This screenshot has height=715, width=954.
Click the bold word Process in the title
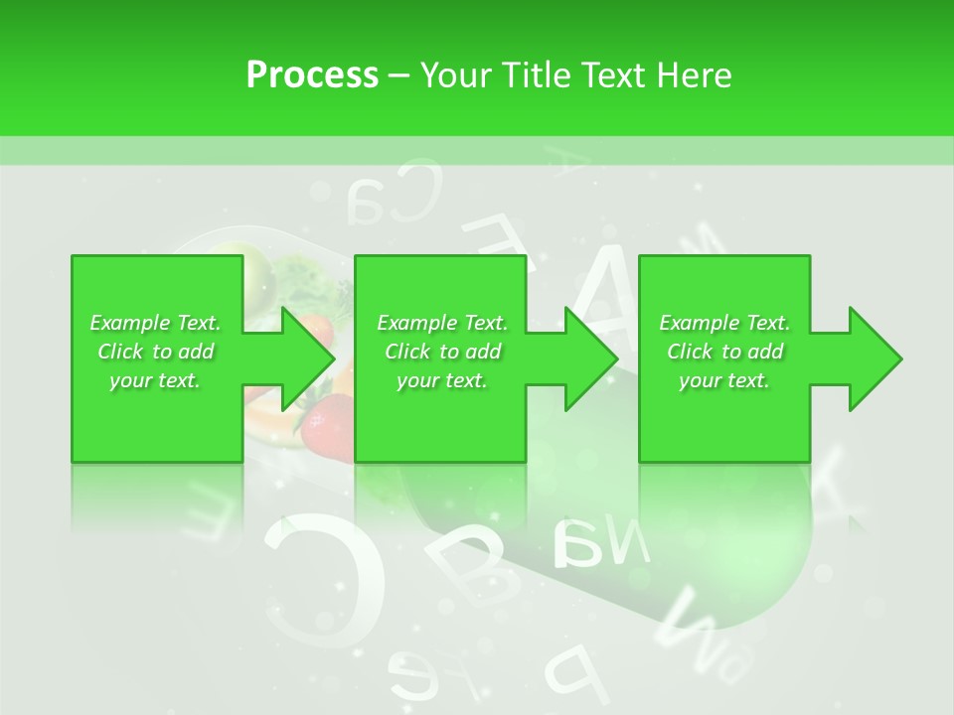coord(312,75)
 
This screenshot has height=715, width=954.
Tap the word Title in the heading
coord(536,75)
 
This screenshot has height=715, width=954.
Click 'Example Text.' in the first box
coord(155,323)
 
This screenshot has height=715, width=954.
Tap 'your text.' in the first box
coord(155,380)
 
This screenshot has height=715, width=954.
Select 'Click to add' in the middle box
coord(442,352)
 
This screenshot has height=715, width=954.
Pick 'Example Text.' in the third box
coord(724,323)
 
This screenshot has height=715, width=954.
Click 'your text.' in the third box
coord(724,380)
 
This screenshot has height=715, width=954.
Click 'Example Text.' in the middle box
coord(442,323)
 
